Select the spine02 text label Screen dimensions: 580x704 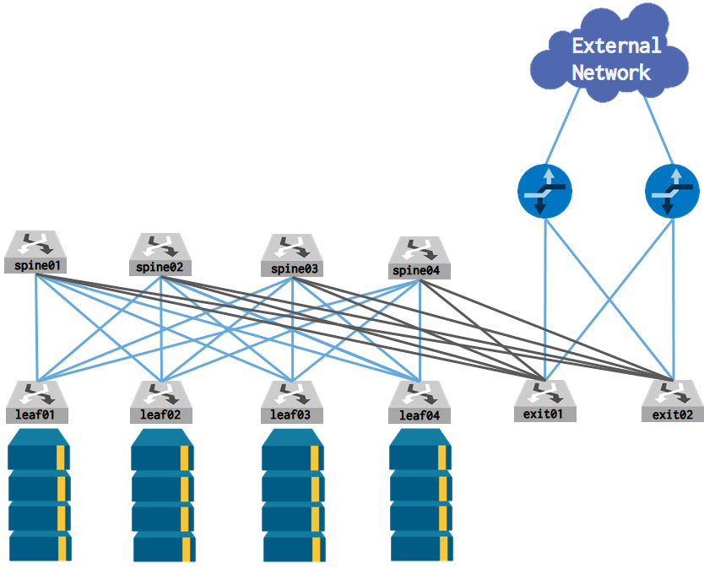[x=160, y=268]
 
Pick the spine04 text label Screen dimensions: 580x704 [x=420, y=271]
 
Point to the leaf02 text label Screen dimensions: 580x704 [x=161, y=415]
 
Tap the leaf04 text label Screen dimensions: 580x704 [x=420, y=415]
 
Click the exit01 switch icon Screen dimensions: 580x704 [x=545, y=393]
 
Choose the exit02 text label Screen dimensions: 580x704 [x=673, y=414]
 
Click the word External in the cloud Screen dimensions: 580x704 [x=616, y=46]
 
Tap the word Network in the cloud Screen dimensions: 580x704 [x=611, y=73]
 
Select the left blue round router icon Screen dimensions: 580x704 [x=544, y=190]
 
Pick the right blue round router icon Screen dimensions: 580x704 [x=672, y=190]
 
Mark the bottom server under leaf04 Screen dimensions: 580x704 [x=420, y=545]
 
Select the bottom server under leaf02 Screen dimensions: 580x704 [x=164, y=545]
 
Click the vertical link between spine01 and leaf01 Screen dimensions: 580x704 [x=35, y=329]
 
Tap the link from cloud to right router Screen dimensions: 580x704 [x=658, y=131]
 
